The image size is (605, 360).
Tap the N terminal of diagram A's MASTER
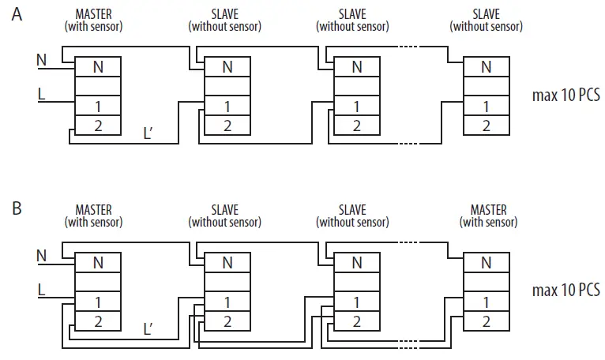(98, 67)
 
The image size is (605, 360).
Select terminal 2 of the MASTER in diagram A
(98, 125)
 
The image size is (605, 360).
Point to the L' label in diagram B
(148, 328)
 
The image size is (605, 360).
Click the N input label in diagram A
(42, 58)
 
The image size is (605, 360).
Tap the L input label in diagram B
(42, 291)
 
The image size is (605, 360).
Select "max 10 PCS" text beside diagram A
(566, 96)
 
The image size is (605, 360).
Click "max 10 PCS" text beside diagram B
(566, 291)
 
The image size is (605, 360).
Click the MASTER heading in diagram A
(93, 14)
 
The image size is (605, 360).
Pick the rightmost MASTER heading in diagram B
(488, 210)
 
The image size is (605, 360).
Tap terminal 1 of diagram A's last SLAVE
(486, 106)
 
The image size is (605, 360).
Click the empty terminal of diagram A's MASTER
(98, 87)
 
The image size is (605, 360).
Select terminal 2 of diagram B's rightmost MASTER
(486, 321)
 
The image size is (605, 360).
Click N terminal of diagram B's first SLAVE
(227, 263)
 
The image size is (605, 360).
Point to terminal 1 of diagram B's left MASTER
(98, 302)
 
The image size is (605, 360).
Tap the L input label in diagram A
(42, 95)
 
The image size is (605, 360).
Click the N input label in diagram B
(42, 255)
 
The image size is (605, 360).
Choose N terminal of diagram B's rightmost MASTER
(486, 263)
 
